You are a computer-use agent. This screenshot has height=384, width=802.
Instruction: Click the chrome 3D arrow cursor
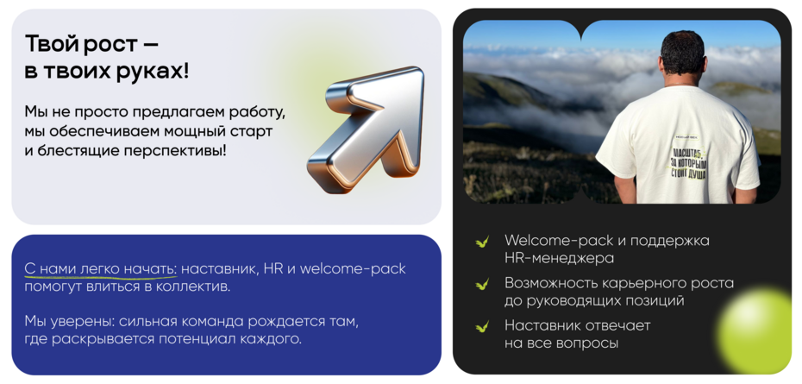point(367,129)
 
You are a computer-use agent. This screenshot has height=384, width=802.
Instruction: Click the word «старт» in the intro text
point(248,131)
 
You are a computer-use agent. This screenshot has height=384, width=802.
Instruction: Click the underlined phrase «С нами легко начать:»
point(100,269)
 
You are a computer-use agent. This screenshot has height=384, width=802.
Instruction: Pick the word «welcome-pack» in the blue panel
point(353,269)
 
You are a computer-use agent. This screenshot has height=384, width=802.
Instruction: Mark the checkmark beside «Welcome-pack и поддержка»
point(483,242)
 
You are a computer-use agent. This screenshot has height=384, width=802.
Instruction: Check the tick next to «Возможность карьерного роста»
point(483,284)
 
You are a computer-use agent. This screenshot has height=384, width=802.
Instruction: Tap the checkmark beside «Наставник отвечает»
point(483,326)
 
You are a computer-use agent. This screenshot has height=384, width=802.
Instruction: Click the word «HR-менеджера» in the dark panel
point(560,258)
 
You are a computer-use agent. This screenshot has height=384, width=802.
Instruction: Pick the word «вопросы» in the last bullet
point(586,343)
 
